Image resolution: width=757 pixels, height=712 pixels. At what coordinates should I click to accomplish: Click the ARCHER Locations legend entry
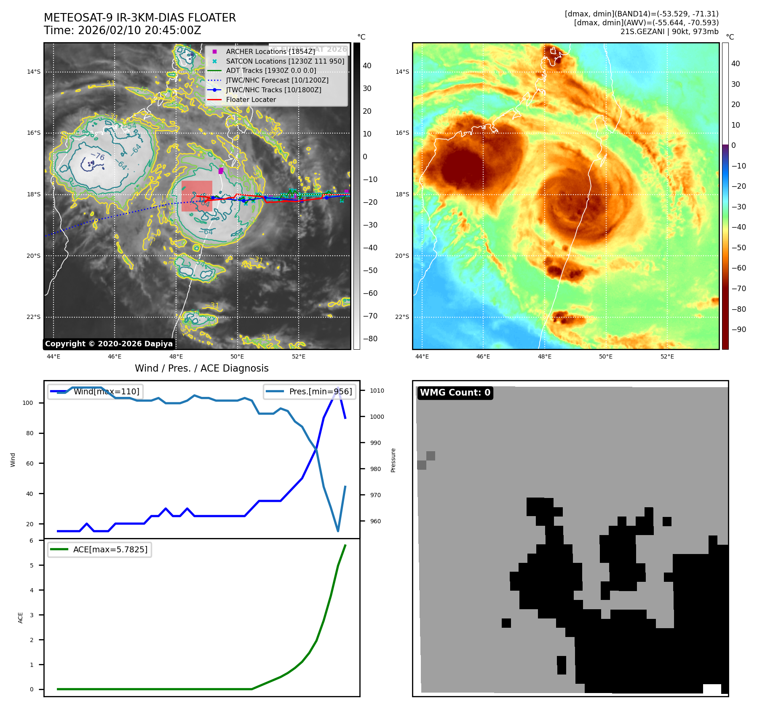(270, 51)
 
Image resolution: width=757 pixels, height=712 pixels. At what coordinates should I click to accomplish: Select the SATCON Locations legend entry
(285, 61)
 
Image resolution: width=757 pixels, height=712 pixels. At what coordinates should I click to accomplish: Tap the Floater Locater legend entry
(251, 99)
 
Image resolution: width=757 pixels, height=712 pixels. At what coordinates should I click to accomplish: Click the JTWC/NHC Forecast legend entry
(277, 80)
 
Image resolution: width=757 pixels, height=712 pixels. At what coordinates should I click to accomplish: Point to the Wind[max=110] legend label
(106, 391)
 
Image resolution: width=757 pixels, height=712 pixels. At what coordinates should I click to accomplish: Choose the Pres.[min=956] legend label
(320, 391)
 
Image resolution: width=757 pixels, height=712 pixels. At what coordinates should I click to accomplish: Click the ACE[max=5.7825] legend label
(110, 549)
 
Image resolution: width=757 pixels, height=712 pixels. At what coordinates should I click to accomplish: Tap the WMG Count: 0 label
(455, 393)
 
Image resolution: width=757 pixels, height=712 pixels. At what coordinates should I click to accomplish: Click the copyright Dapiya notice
(109, 344)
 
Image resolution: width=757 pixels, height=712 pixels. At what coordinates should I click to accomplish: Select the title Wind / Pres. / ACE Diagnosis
(201, 368)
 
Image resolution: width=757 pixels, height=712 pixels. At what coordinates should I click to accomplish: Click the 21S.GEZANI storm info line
(669, 32)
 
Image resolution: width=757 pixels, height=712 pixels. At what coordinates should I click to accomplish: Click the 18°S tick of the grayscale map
(34, 194)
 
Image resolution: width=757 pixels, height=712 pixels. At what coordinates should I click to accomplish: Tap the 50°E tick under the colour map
(605, 356)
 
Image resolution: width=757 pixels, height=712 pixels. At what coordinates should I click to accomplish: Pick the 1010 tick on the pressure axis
(377, 391)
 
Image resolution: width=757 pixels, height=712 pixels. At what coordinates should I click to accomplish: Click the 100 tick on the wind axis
(27, 403)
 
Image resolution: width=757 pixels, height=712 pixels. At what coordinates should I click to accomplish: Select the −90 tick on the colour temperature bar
(738, 329)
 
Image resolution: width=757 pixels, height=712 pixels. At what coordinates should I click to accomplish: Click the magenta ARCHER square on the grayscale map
(221, 171)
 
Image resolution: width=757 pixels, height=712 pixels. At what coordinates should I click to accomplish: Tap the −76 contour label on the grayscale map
(98, 156)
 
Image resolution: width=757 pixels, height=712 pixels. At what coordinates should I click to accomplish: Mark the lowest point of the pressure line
(338, 531)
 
